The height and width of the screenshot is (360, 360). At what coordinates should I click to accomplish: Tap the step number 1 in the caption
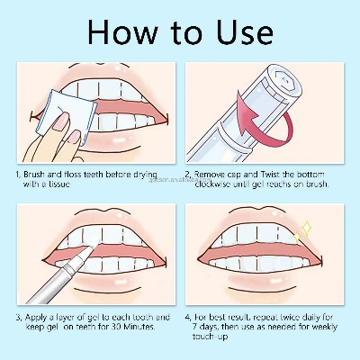pyautogui.click(x=19, y=171)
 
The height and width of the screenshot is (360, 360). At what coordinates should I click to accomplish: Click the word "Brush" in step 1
pyautogui.click(x=37, y=171)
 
